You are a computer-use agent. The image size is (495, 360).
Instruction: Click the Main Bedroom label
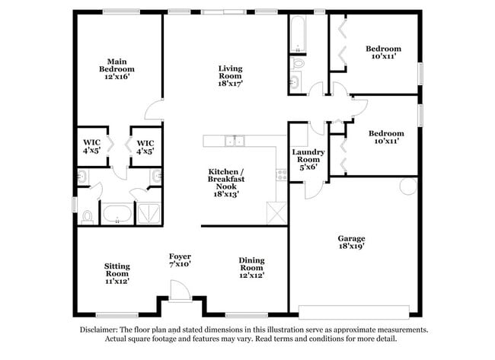pos(116,69)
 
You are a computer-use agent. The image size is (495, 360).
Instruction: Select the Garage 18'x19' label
pos(352,242)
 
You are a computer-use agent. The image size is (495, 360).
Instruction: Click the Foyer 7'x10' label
pos(180,260)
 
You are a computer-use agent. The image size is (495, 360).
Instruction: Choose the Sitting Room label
pos(117,273)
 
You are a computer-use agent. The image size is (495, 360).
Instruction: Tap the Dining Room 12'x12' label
pos(251,267)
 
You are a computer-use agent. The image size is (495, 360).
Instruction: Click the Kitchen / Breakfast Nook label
pos(225,183)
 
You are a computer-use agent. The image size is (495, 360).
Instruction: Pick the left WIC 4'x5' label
pos(91,147)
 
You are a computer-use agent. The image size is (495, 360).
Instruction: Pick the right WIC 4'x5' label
pos(145,147)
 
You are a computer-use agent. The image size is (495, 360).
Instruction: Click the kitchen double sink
pos(235,140)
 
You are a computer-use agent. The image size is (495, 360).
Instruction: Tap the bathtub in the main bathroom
pos(117,213)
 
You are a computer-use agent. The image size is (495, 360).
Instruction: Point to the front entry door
pos(179,292)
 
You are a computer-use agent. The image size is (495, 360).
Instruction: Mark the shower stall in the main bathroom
pos(149,213)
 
